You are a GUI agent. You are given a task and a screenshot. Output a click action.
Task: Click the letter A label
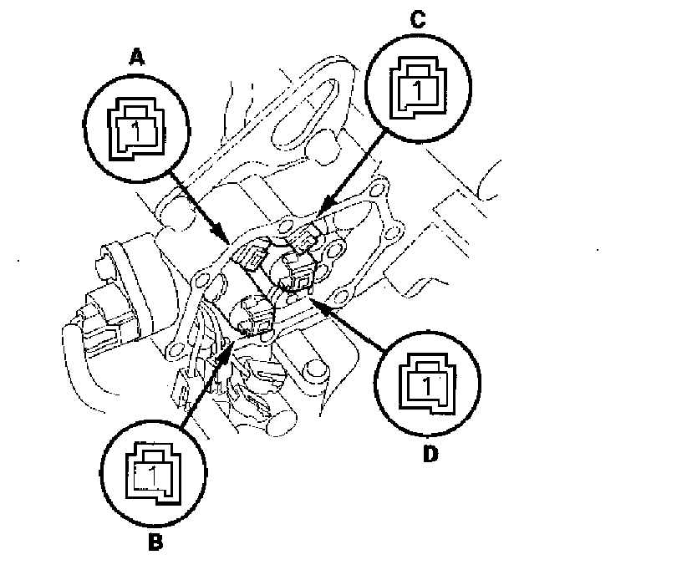(134, 58)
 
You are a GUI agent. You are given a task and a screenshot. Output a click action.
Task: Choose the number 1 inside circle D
(427, 386)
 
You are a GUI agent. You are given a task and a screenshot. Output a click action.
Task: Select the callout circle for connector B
(152, 473)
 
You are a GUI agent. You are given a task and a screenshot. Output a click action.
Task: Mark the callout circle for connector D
(428, 383)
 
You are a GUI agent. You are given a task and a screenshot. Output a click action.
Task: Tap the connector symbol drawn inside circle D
(428, 383)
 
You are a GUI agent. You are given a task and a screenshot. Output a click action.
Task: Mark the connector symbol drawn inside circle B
(152, 473)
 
